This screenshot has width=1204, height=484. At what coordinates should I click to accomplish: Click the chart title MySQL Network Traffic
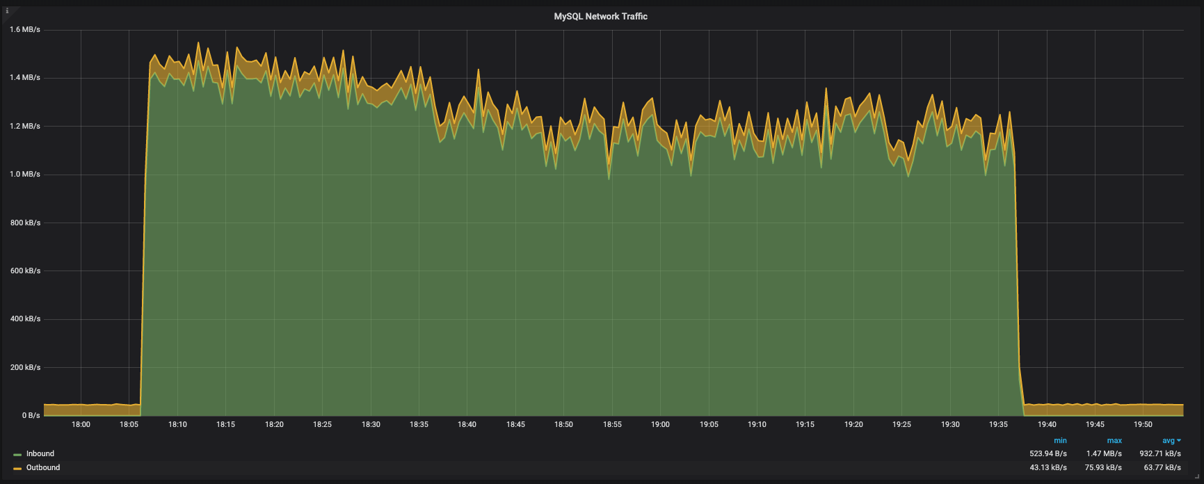pyautogui.click(x=600, y=17)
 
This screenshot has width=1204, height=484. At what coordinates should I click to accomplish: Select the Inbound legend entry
pyautogui.click(x=40, y=454)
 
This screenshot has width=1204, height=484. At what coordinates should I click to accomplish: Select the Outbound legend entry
pyautogui.click(x=42, y=468)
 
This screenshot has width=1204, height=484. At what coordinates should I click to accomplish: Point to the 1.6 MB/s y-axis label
pyautogui.click(x=25, y=30)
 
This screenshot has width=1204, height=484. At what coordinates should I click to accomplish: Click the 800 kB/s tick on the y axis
pyautogui.click(x=25, y=223)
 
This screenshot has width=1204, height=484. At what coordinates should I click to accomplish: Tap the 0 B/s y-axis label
pyautogui.click(x=31, y=416)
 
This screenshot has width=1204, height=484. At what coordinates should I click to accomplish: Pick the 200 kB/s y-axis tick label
pyautogui.click(x=25, y=368)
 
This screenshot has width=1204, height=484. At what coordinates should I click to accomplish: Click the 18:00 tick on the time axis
pyautogui.click(x=81, y=425)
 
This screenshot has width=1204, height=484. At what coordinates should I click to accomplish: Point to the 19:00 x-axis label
pyautogui.click(x=660, y=425)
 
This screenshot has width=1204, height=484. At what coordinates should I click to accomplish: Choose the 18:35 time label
pyautogui.click(x=419, y=425)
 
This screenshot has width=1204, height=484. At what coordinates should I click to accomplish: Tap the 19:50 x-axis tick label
pyautogui.click(x=1143, y=425)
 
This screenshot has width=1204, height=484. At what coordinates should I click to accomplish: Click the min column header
pyautogui.click(x=1060, y=441)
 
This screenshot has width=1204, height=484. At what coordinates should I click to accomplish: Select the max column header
pyautogui.click(x=1114, y=441)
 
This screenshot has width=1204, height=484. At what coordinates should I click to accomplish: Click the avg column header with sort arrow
pyautogui.click(x=1171, y=441)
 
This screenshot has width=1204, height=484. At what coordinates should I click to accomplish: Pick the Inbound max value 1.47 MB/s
pyautogui.click(x=1104, y=454)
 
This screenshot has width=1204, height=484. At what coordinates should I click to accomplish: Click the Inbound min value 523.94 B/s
pyautogui.click(x=1048, y=454)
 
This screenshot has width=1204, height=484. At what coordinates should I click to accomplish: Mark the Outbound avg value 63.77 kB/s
pyautogui.click(x=1162, y=468)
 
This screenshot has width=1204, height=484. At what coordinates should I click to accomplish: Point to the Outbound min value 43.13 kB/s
pyautogui.click(x=1048, y=468)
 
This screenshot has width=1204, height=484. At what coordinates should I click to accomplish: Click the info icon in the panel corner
pyautogui.click(x=7, y=11)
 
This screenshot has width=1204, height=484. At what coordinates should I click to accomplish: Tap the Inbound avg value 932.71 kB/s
pyautogui.click(x=1160, y=454)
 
